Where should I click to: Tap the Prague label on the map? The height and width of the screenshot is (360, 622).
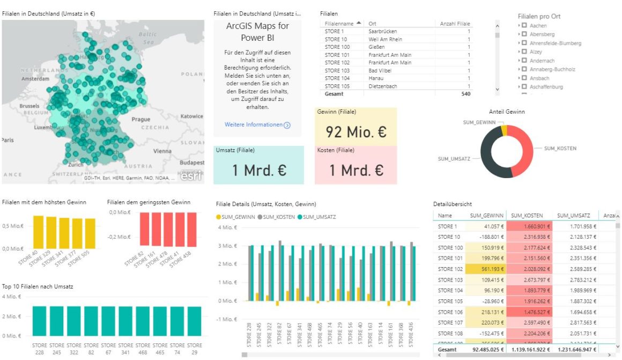click(x=141, y=119)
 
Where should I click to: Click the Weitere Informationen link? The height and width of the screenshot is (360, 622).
click(x=254, y=124)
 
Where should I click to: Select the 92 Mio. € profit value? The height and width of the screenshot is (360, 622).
click(x=356, y=132)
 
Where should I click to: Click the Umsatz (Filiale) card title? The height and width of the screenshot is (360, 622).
click(x=235, y=150)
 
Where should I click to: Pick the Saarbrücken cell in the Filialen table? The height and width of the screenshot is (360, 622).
click(x=383, y=31)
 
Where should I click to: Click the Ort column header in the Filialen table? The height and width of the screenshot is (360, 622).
click(x=372, y=24)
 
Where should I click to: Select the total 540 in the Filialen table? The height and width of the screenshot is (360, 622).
click(x=465, y=94)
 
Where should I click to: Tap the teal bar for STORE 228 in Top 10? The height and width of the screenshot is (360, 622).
click(x=40, y=321)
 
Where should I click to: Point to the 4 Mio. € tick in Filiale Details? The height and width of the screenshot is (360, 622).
click(x=227, y=227)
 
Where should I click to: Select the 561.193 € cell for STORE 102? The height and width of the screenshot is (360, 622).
click(x=486, y=269)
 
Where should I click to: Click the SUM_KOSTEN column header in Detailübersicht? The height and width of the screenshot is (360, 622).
click(x=528, y=216)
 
